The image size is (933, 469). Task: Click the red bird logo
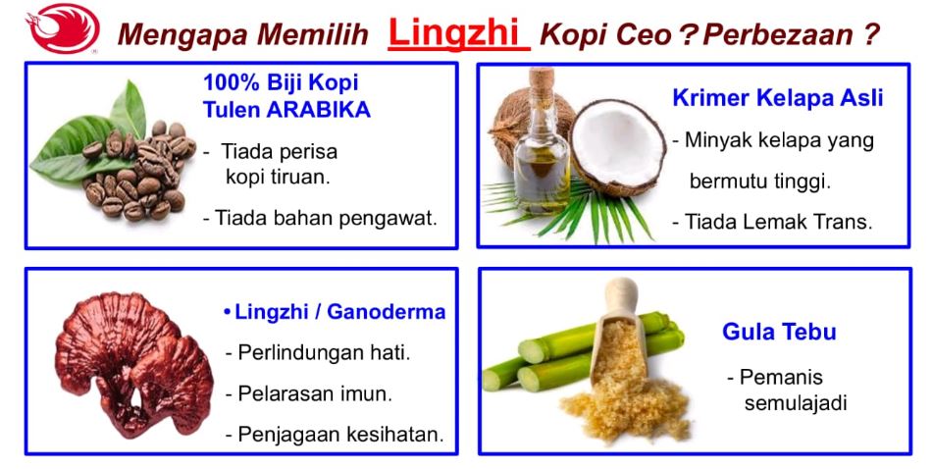pyautogui.click(x=63, y=28)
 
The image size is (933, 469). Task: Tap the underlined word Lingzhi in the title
pyautogui.click(x=458, y=32)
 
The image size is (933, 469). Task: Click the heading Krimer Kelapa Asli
pyautogui.click(x=778, y=98)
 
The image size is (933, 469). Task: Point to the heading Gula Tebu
pyautogui.click(x=779, y=332)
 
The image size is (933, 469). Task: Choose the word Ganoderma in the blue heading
pyautogui.click(x=387, y=312)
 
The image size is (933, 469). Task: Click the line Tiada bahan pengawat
pyautogui.click(x=320, y=219)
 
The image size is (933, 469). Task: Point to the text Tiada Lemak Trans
pyautogui.click(x=772, y=222)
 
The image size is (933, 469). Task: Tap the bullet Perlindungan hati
pyautogui.click(x=318, y=353)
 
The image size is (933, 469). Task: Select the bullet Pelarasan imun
pyautogui.click(x=309, y=393)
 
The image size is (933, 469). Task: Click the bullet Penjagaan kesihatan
pyautogui.click(x=335, y=435)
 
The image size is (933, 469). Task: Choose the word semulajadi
pyautogui.click(x=796, y=403)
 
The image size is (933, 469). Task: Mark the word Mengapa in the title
pyautogui.click(x=183, y=35)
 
